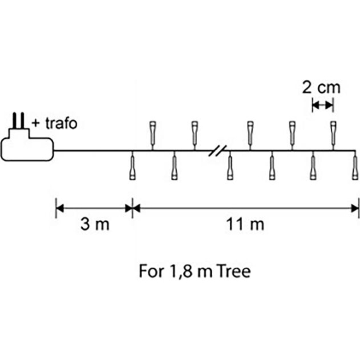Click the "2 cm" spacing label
click(321, 88)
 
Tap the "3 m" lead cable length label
click(95, 224)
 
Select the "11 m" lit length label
click(245, 224)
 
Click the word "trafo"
click(61, 123)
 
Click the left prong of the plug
click(15, 121)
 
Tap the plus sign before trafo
click(35, 124)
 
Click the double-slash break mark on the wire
click(217, 150)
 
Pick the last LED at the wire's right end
click(355, 168)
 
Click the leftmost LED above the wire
click(153, 133)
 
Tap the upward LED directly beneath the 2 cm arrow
click(333, 133)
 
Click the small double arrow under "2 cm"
click(323, 105)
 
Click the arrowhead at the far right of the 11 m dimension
click(355, 208)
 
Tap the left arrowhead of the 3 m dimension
click(60, 208)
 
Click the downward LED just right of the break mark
click(230, 168)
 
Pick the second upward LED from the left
click(195, 133)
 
